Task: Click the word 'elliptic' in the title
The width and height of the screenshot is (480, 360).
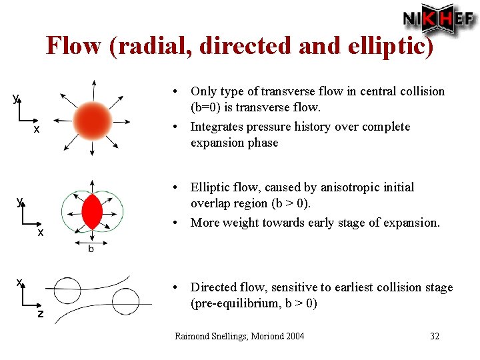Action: pyautogui.click(x=388, y=45)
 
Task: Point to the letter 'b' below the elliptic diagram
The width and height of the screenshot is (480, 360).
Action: pyautogui.click(x=91, y=249)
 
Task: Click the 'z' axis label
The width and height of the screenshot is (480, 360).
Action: pyautogui.click(x=40, y=314)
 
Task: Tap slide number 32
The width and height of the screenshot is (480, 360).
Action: pyautogui.click(x=435, y=336)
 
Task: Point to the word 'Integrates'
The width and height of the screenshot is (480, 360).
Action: pyautogui.click(x=218, y=127)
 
